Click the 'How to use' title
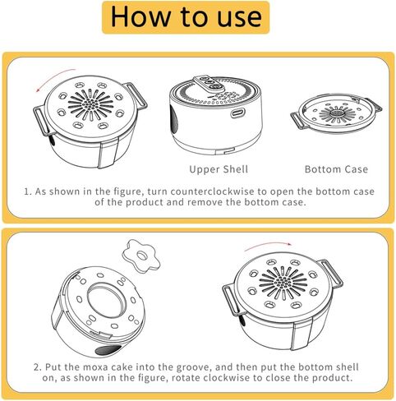tap(186, 17)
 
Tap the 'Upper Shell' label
tap(219, 169)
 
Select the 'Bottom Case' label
tap(336, 169)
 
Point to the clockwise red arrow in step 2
tap(267, 245)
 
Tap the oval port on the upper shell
tap(237, 113)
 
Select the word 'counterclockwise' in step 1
tap(213, 191)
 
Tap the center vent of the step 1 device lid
tap(90, 104)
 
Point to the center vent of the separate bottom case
tap(338, 113)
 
